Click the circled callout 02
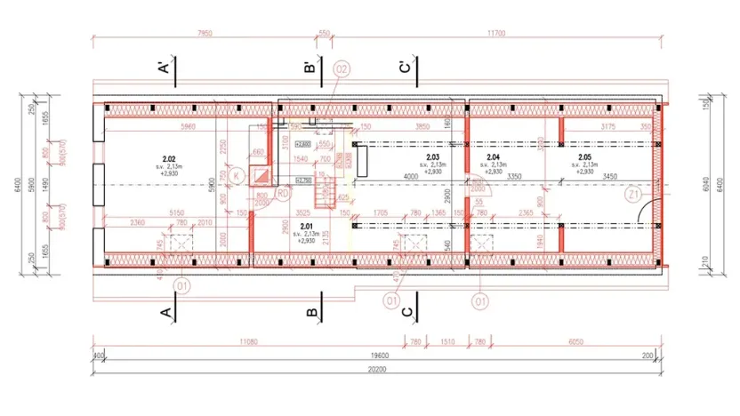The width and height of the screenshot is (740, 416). tap(342, 68)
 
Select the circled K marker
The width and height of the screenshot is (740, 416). tap(236, 176)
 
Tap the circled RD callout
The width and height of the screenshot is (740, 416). tap(282, 191)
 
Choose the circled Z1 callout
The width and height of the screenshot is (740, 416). tap(634, 195)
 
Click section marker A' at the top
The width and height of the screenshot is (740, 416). tap(164, 68)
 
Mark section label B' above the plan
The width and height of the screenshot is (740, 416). tap(309, 68)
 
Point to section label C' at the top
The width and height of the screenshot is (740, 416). tap(405, 68)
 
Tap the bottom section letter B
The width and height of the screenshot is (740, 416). tap(311, 312)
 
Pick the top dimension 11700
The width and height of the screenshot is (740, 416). tap(495, 33)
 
